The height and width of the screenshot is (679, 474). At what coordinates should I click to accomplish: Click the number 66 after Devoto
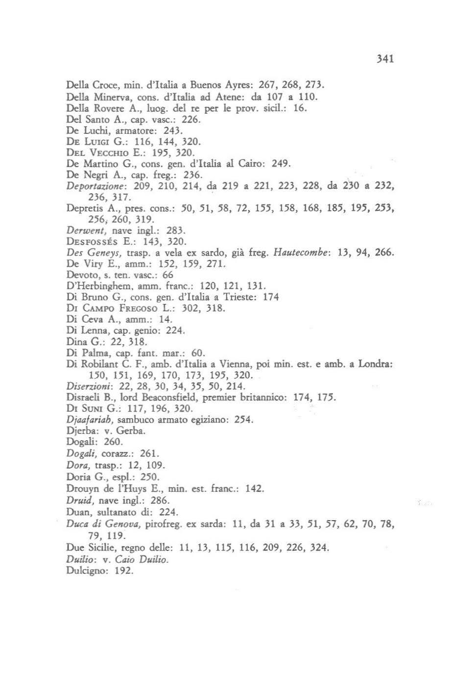tap(167, 275)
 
